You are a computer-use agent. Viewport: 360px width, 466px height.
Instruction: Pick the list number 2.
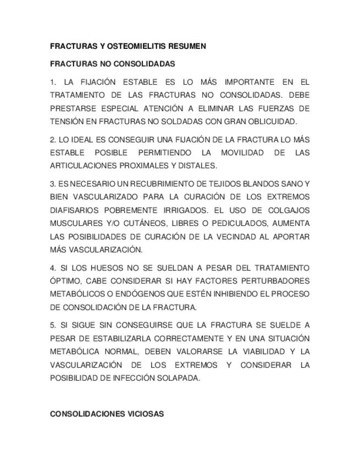pyautogui.click(x=53, y=139)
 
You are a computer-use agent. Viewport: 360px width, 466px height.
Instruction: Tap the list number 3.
pyautogui.click(x=53, y=184)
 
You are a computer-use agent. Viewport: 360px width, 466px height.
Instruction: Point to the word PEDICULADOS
pyautogui.click(x=245, y=223)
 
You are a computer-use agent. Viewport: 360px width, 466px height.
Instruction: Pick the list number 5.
pyautogui.click(x=53, y=325)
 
